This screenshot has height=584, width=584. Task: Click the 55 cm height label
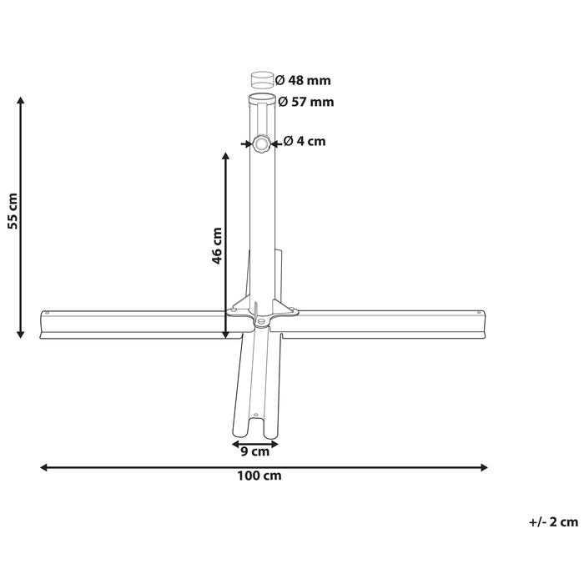13,211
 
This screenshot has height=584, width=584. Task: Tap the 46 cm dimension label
217,246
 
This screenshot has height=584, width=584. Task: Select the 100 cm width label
259,476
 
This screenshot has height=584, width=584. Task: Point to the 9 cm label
254,451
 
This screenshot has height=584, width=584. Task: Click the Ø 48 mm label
303,80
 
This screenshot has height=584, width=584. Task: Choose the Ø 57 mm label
306,102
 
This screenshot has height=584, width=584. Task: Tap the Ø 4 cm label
305,141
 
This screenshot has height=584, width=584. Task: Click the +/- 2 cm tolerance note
553,522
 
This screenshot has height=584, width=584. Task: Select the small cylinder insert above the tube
262,79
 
